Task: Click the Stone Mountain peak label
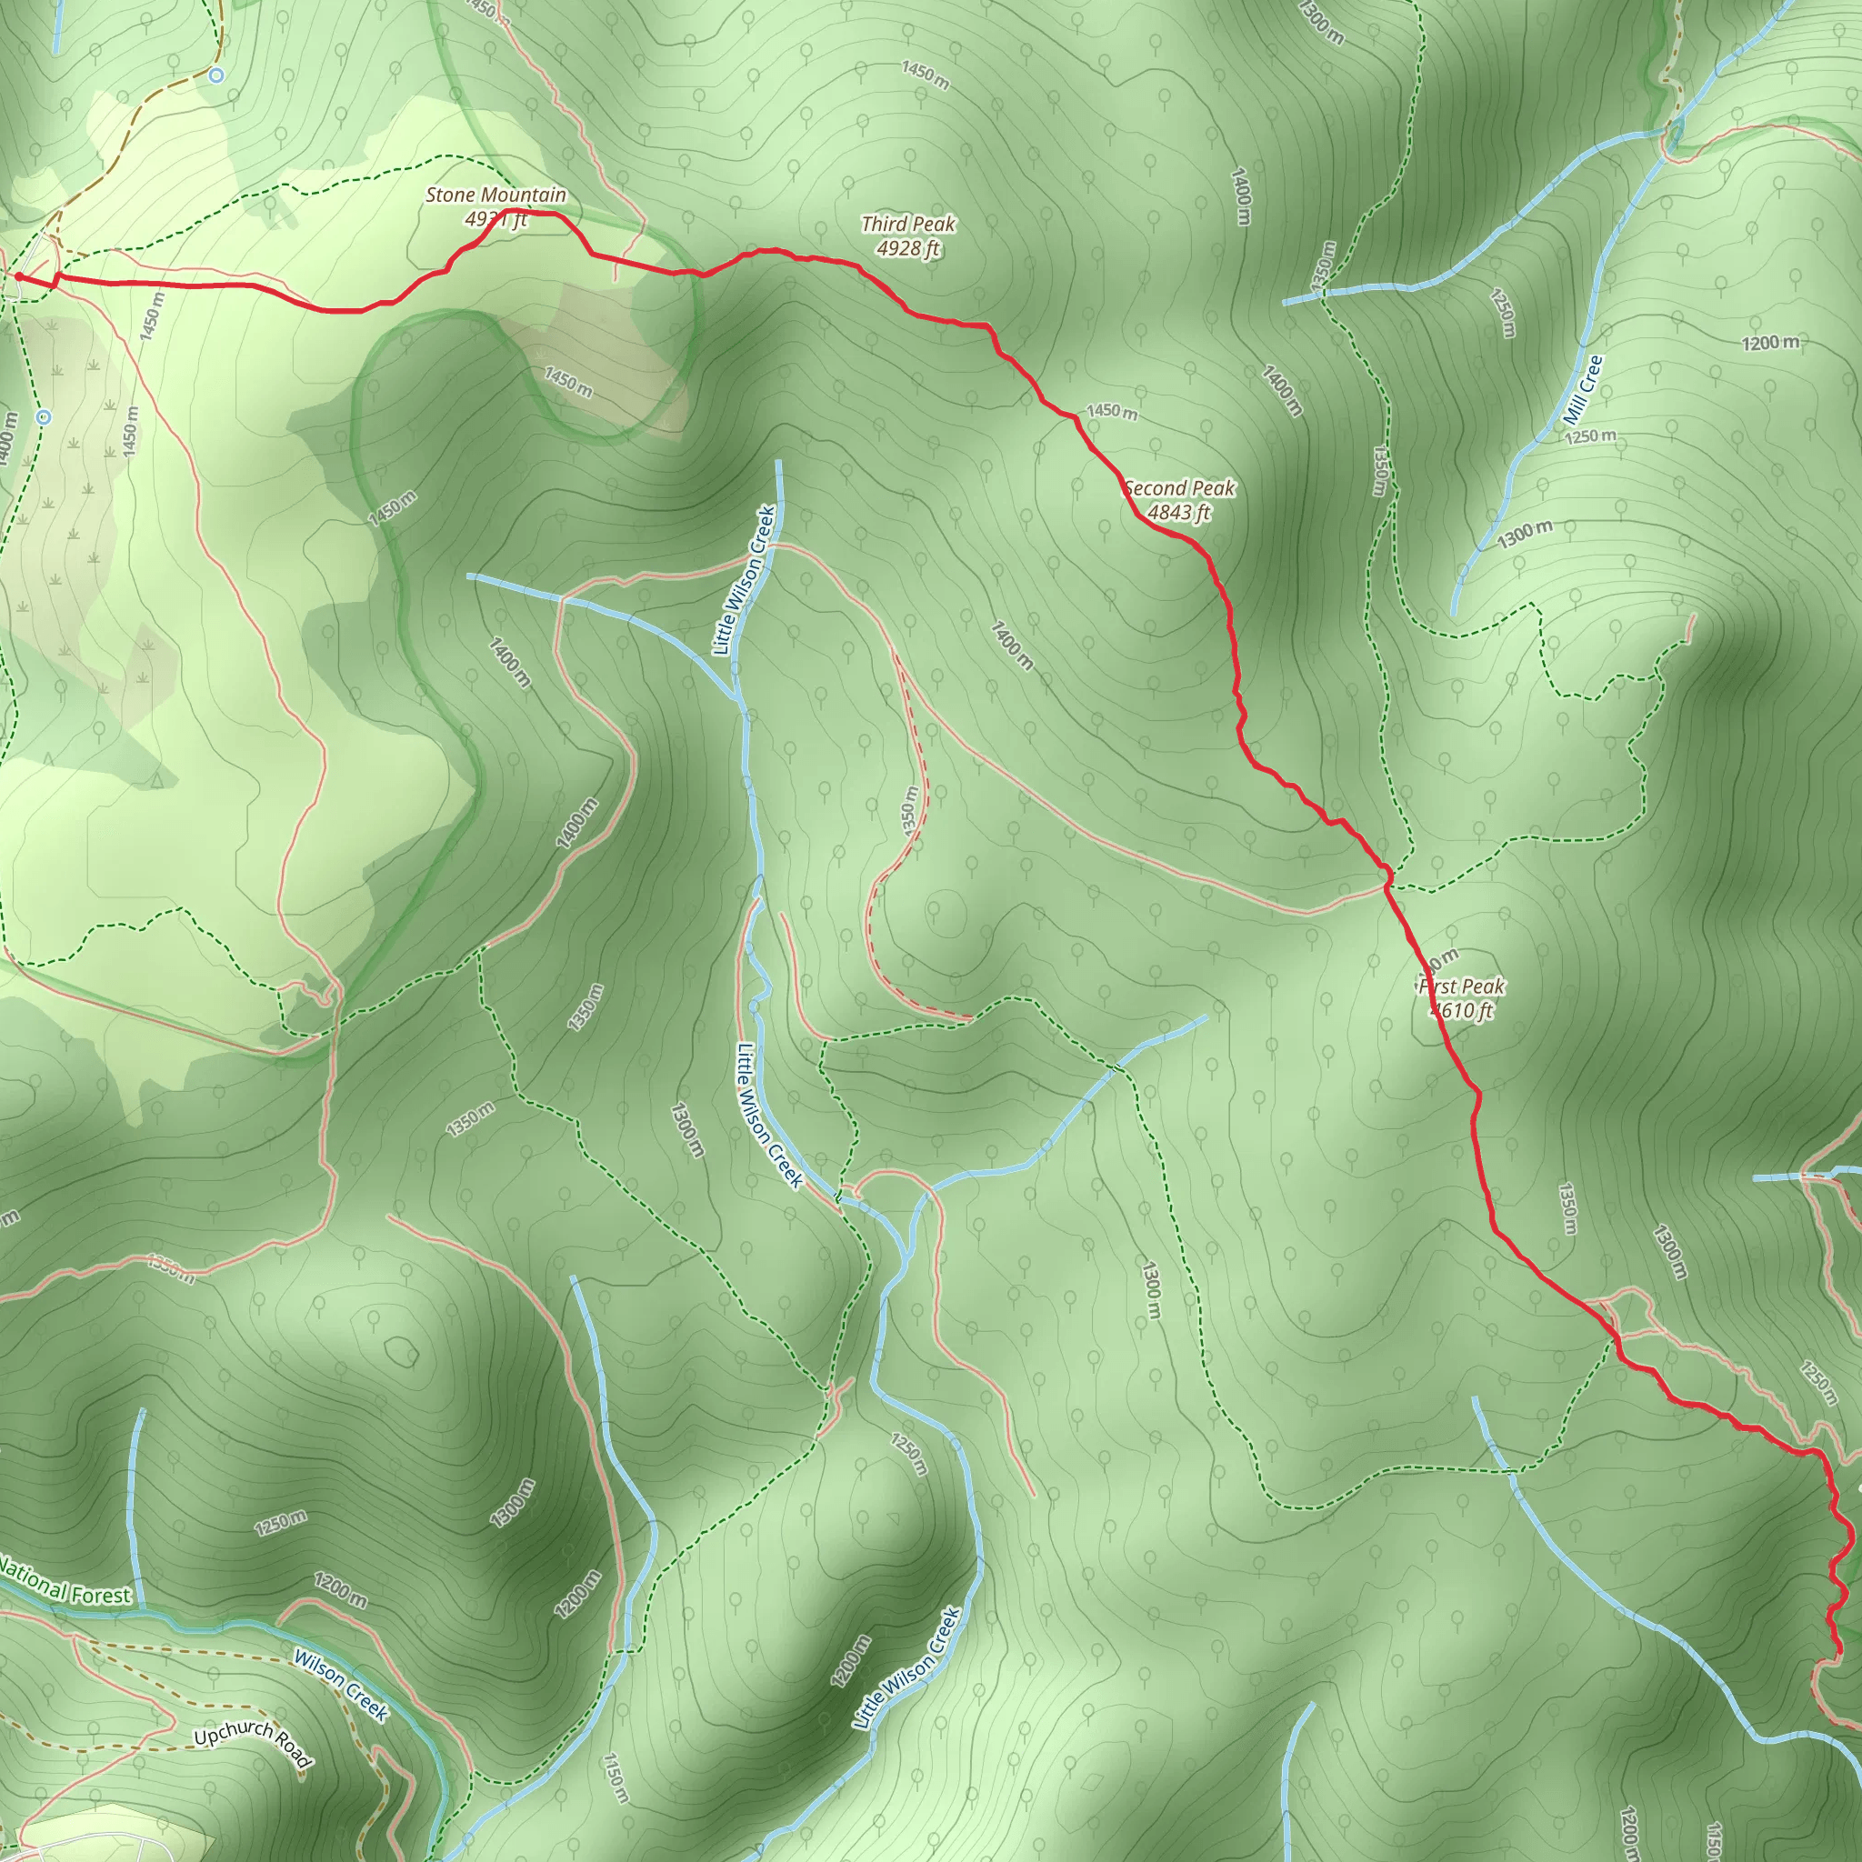[x=496, y=195]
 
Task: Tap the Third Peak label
[x=908, y=225]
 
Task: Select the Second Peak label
[x=1179, y=488]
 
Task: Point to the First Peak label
[x=1461, y=986]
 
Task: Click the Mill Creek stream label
[x=1584, y=390]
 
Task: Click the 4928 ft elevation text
[x=908, y=248]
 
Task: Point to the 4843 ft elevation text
[x=1178, y=513]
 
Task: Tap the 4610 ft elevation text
[x=1461, y=1010]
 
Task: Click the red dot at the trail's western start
[x=19, y=277]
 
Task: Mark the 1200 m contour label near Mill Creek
[x=1769, y=343]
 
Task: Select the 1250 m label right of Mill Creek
[x=1590, y=436]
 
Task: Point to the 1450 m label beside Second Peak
[x=1111, y=412]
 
